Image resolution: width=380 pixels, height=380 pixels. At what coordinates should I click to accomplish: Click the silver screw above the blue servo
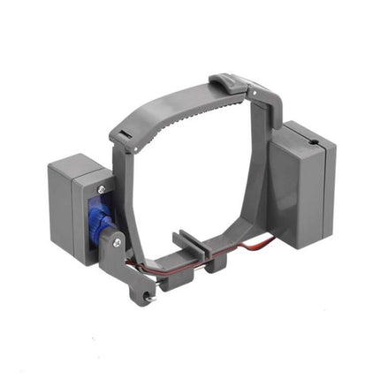point(103,189)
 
